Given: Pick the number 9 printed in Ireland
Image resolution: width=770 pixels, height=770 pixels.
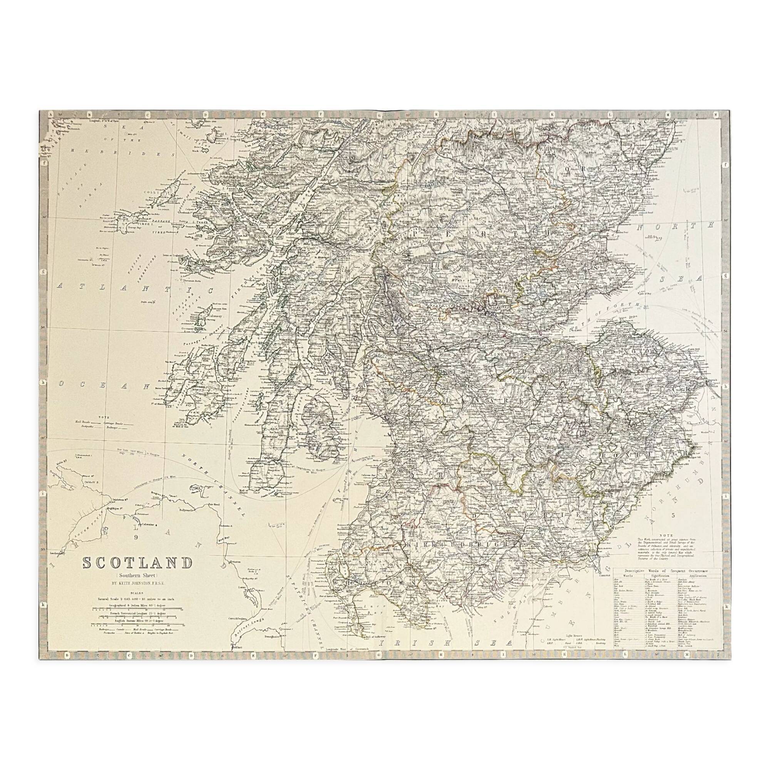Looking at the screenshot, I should [136, 537].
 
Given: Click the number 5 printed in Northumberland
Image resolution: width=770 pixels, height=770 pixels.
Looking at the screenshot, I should [673, 526].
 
